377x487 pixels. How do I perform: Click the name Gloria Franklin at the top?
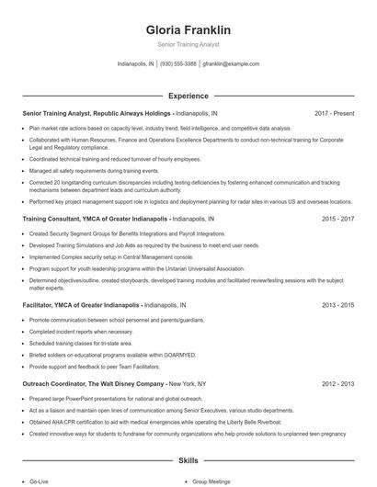188,30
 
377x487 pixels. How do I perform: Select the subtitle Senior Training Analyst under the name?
188,44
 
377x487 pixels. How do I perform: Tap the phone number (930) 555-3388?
178,64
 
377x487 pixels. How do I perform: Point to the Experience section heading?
188,96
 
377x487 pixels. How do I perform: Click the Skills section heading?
188,459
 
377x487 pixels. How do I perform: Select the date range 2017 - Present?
334,114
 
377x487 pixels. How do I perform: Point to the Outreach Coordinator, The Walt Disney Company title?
93,382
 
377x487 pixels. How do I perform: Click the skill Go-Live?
39,481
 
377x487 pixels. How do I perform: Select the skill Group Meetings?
211,481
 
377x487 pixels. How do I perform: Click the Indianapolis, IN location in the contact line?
136,64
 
